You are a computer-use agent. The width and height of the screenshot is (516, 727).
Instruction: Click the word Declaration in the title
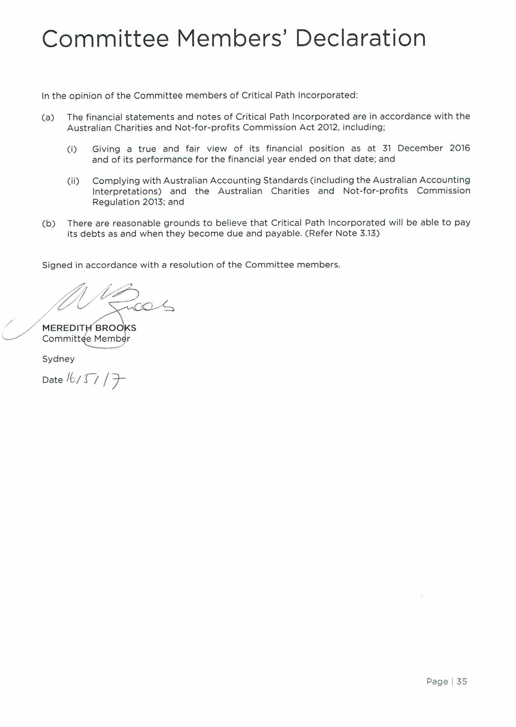coord(360,38)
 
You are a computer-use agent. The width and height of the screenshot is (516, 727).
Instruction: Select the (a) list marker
coord(48,117)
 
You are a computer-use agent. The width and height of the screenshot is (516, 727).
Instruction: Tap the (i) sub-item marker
coord(72,149)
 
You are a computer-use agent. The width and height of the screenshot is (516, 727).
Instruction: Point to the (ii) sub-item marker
coord(73,181)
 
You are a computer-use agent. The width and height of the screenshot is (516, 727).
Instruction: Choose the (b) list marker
coord(49,223)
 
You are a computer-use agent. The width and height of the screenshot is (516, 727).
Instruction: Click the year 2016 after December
coord(459,148)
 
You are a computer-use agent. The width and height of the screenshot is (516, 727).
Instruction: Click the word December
coord(420,148)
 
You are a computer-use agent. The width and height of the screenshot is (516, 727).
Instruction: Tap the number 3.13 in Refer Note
coord(368,233)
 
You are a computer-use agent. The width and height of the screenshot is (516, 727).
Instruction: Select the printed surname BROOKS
coord(116,328)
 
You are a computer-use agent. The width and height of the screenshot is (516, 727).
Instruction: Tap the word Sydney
coord(58,359)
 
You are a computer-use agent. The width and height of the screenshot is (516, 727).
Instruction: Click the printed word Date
coord(52,380)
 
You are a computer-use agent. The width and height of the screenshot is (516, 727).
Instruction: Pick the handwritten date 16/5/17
coord(95,380)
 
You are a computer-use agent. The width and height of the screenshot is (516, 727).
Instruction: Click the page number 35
coord(462,682)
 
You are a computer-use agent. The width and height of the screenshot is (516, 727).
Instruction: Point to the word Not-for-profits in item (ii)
coord(375,191)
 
